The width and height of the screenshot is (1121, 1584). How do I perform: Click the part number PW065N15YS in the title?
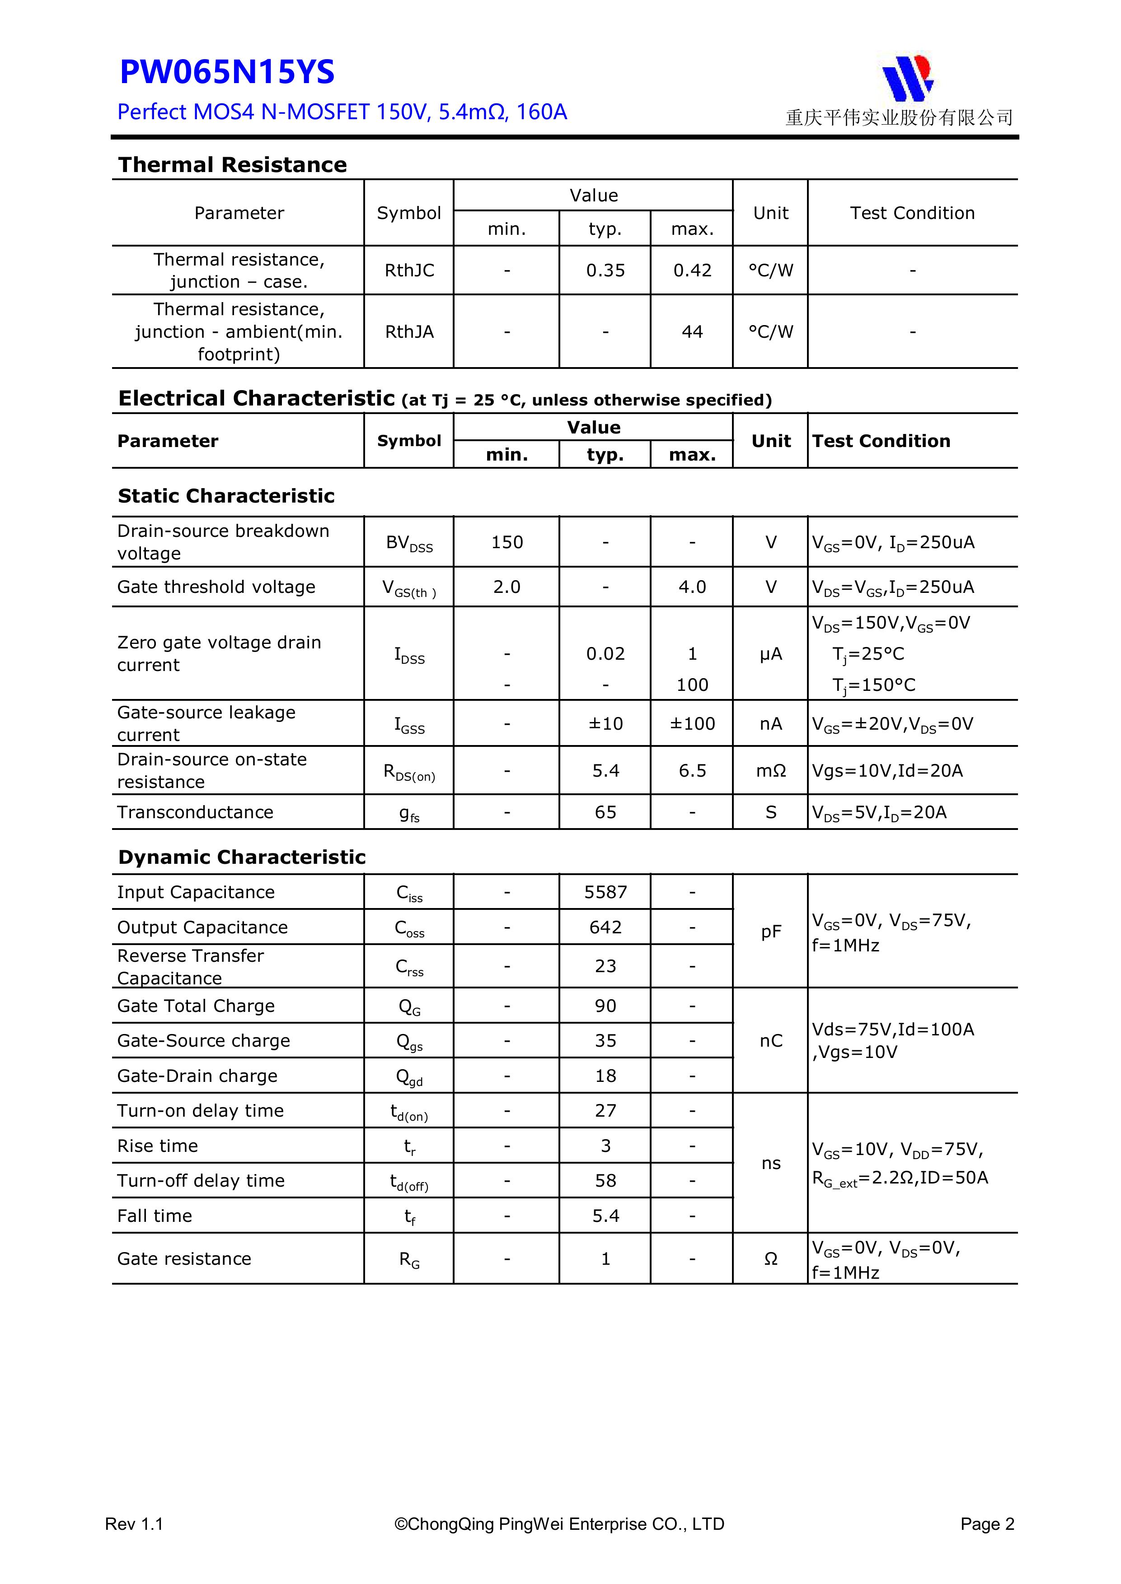(x=227, y=72)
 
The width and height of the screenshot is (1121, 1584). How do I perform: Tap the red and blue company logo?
(x=908, y=77)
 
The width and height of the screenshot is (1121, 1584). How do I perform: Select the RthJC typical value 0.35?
(x=605, y=270)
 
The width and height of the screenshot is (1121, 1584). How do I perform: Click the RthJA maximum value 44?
(x=692, y=332)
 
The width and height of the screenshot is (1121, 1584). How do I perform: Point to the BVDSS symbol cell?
(x=409, y=543)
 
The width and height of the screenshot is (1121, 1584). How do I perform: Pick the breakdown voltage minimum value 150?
(x=507, y=542)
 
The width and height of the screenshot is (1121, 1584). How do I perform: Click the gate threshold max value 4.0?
(x=692, y=587)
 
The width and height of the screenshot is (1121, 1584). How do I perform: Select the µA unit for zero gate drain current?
(x=770, y=654)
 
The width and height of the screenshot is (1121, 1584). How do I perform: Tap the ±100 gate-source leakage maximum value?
(x=692, y=724)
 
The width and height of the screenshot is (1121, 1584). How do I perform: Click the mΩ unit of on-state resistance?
(x=770, y=771)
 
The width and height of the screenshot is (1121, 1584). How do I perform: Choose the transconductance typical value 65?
(x=605, y=812)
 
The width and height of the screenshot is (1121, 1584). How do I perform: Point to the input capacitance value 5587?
(x=605, y=892)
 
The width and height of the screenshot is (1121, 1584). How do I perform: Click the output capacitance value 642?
(x=605, y=927)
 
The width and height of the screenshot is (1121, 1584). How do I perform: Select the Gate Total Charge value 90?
(x=605, y=1006)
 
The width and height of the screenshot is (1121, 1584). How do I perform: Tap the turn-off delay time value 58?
(x=605, y=1180)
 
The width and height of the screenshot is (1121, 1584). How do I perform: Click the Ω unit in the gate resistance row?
(x=770, y=1259)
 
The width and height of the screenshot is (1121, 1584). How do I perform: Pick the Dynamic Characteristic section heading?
(x=242, y=857)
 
